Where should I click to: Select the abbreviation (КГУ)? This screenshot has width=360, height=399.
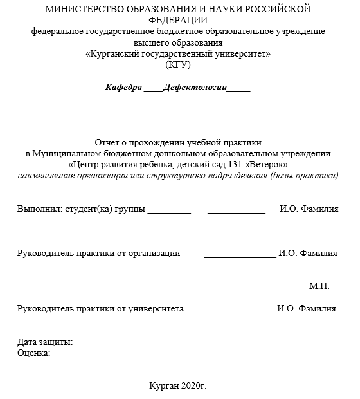click(x=178, y=65)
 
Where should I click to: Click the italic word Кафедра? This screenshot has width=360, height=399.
click(x=123, y=88)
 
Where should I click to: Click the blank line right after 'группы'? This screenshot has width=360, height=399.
click(x=170, y=211)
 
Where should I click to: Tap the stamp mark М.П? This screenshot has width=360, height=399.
click(x=319, y=285)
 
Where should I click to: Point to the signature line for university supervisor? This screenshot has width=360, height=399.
click(x=238, y=311)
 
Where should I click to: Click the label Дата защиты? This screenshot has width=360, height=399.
click(x=45, y=342)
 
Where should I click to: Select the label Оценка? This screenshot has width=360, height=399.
click(x=34, y=353)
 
